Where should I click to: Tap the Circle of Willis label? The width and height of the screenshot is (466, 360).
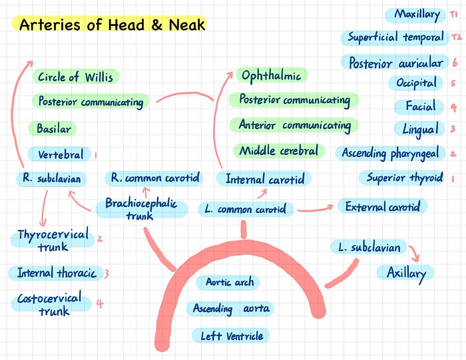pyautogui.click(x=75, y=77)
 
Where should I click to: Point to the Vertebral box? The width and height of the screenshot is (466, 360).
pyautogui.click(x=61, y=154)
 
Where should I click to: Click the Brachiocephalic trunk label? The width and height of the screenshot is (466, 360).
pyautogui.click(x=141, y=209)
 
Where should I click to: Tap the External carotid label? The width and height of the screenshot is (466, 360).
pyautogui.click(x=382, y=206)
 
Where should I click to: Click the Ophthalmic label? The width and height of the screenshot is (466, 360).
pyautogui.click(x=272, y=75)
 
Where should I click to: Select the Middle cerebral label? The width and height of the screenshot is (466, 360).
pyautogui.click(x=279, y=150)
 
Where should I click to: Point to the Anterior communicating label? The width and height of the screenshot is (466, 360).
pyautogui.click(x=294, y=125)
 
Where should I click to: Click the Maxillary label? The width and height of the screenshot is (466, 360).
pyautogui.click(x=417, y=14)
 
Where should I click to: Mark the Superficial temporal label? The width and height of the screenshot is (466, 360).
pyautogui.click(x=395, y=37)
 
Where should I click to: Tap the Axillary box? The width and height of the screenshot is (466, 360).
pyautogui.click(x=405, y=273)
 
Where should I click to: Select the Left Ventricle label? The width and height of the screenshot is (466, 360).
pyautogui.click(x=231, y=335)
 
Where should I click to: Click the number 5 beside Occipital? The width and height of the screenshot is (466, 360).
pyautogui.click(x=453, y=84)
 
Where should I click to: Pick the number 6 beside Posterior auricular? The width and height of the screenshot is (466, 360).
pyautogui.click(x=454, y=62)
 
